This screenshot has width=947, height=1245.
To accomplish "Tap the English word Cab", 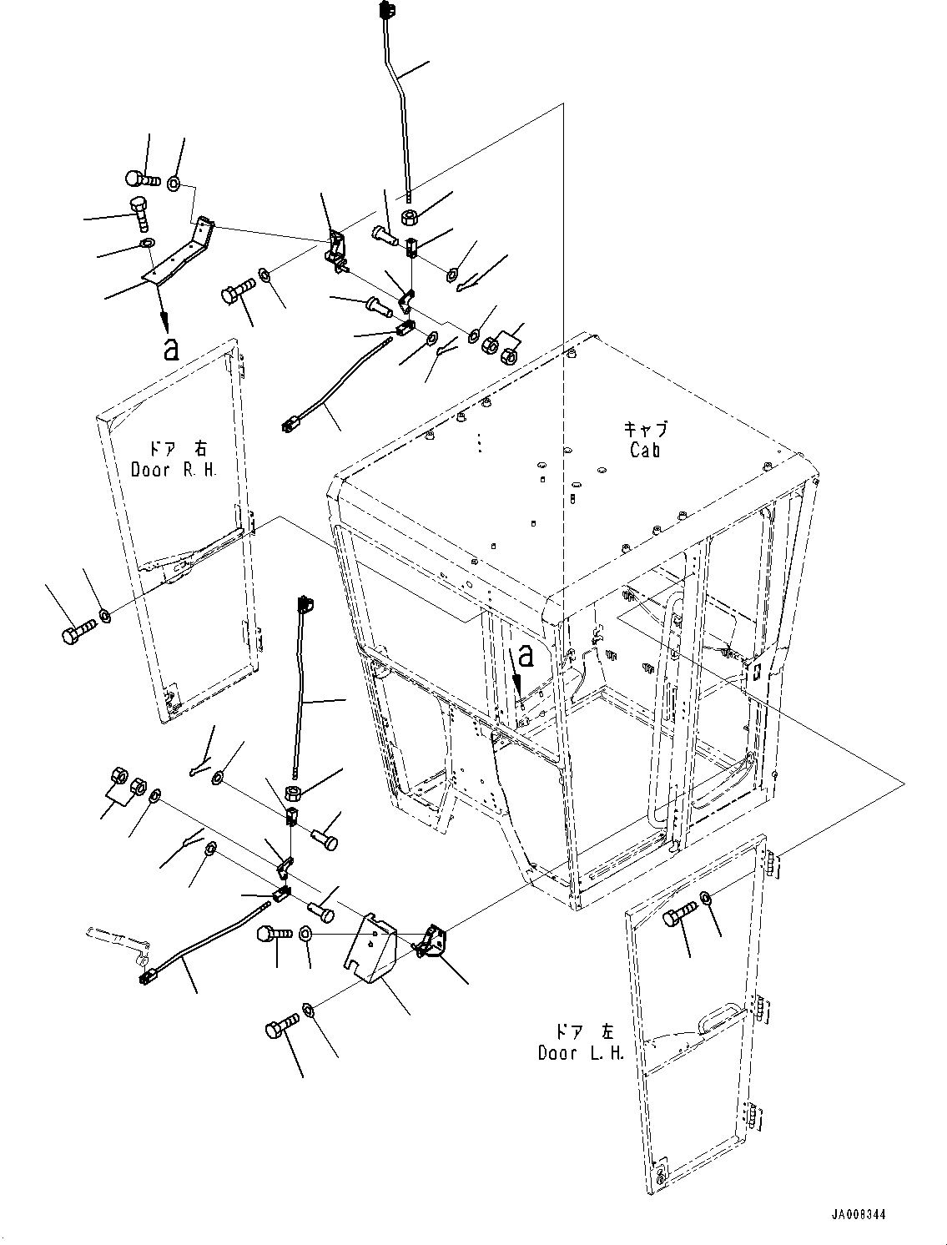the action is pyautogui.click(x=645, y=451).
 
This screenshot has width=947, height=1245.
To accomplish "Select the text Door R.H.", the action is pyautogui.click(x=174, y=470).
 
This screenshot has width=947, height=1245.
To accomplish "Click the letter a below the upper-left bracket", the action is pyautogui.click(x=171, y=349).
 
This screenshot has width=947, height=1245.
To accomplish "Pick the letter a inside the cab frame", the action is pyautogui.click(x=526, y=656).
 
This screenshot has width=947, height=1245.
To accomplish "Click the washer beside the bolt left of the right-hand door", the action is pyautogui.click(x=104, y=614).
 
